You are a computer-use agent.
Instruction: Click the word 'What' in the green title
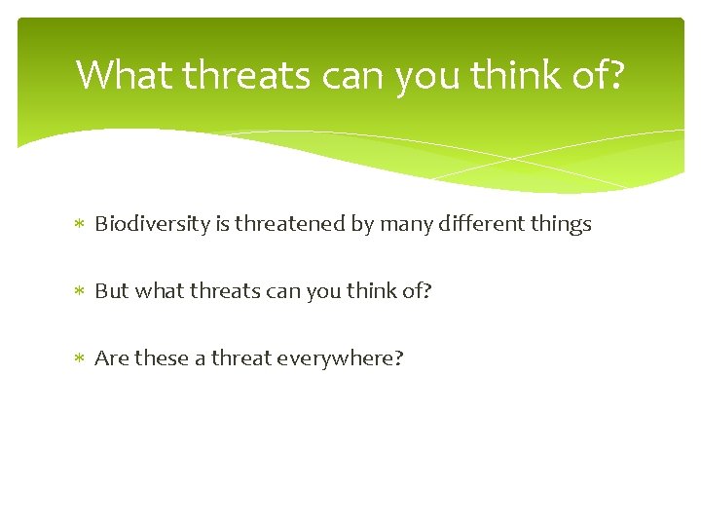point(124,74)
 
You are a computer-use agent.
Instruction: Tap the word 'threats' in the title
point(246,74)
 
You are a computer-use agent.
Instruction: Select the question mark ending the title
point(615,74)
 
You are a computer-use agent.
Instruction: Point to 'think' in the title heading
point(515,74)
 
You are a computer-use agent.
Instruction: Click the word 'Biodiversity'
point(153,224)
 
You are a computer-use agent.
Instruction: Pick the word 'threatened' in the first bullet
point(290,223)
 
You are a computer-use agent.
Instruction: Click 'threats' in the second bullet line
point(225,290)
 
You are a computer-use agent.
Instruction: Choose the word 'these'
point(161,357)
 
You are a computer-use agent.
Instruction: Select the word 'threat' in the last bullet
point(241,357)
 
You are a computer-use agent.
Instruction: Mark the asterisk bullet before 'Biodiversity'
point(79,224)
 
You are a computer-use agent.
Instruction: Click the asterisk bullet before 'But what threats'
point(79,290)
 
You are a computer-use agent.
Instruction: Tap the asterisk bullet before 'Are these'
point(79,357)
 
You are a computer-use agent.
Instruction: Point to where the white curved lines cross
point(512,159)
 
